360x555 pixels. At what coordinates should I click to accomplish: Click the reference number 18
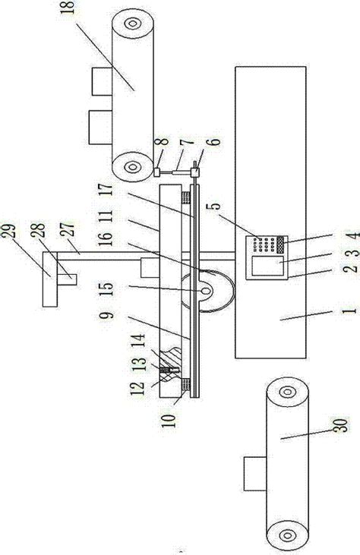(x=68, y=8)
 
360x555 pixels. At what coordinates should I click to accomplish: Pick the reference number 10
(x=169, y=420)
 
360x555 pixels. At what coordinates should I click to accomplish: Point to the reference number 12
(x=137, y=388)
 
